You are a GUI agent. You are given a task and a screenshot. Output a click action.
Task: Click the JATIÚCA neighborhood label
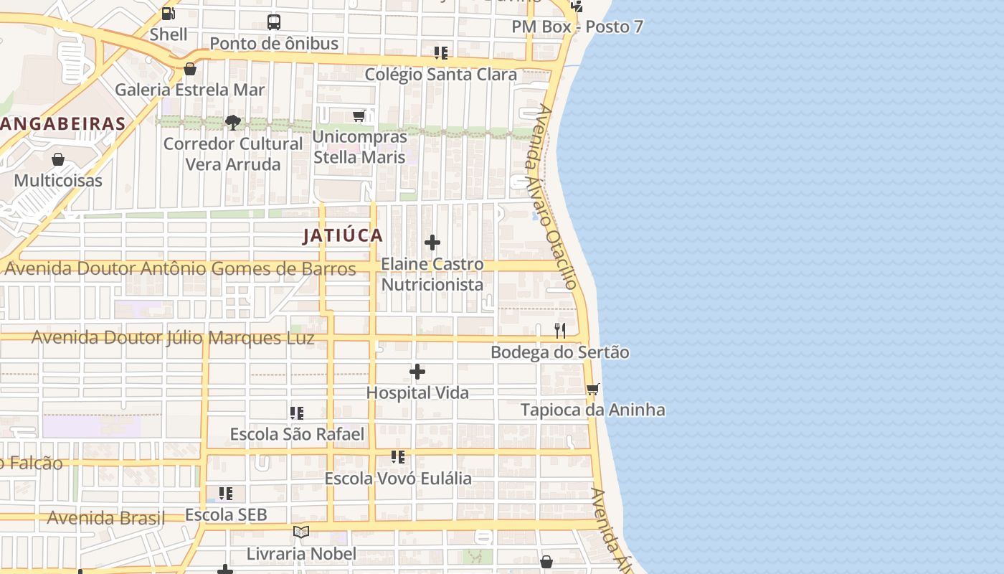tap(343, 235)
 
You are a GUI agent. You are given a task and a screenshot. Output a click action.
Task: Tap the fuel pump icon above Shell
tap(169, 13)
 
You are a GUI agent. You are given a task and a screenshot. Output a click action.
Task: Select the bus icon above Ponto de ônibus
tap(274, 22)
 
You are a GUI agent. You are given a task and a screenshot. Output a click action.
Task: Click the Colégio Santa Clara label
tap(440, 75)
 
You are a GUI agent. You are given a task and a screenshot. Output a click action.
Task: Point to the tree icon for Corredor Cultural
tap(233, 123)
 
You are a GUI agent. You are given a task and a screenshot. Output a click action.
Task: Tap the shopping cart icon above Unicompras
tap(359, 116)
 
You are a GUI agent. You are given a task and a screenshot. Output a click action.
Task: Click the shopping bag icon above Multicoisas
tap(58, 159)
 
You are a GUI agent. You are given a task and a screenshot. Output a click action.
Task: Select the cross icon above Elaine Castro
tap(432, 243)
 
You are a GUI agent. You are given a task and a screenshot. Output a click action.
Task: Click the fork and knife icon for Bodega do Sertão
tap(560, 331)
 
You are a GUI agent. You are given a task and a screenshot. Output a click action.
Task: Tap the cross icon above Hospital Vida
tap(417, 372)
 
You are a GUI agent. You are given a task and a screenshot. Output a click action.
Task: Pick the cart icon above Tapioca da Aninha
tap(593, 389)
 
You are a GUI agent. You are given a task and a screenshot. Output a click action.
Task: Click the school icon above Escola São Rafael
tap(297, 413)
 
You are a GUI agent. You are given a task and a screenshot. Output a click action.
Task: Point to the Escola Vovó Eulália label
tap(398, 479)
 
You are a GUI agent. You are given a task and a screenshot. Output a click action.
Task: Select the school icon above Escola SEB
tap(226, 494)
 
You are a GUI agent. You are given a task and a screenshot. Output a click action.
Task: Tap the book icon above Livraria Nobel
tap(301, 532)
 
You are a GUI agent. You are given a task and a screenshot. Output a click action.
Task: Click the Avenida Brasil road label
tap(105, 518)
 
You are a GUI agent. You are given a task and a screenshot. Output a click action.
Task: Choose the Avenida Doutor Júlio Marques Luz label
tap(173, 338)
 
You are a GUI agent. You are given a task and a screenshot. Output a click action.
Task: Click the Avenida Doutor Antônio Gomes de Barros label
tap(180, 269)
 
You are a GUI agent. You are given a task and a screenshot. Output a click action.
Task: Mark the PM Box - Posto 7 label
tap(577, 27)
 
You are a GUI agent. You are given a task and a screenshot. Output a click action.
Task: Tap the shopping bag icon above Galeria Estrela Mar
tap(190, 69)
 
